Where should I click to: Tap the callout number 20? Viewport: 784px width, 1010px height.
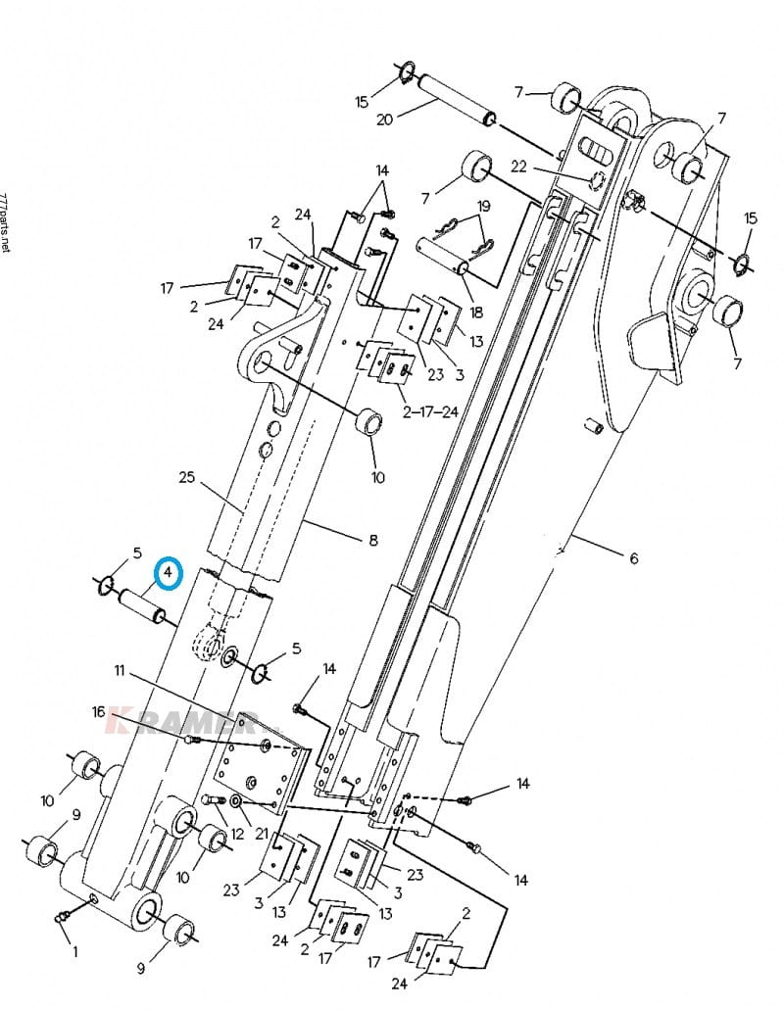[384, 120]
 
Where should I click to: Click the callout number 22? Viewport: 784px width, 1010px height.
[519, 167]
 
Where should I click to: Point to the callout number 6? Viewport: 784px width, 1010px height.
[634, 558]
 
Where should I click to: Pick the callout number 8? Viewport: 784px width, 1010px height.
[373, 540]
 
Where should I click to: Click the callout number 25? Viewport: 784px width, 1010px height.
[187, 478]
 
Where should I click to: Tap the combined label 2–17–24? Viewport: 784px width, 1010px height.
[429, 411]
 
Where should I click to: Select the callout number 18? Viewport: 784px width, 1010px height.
[476, 313]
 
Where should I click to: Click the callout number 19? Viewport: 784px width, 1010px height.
[483, 206]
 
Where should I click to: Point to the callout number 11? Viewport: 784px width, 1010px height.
[120, 670]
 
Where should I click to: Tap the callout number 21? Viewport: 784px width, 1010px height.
[262, 834]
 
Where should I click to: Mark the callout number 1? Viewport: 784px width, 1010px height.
[75, 951]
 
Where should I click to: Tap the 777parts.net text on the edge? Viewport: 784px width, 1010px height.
[5, 222]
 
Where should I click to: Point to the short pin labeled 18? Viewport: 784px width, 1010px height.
[445, 255]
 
